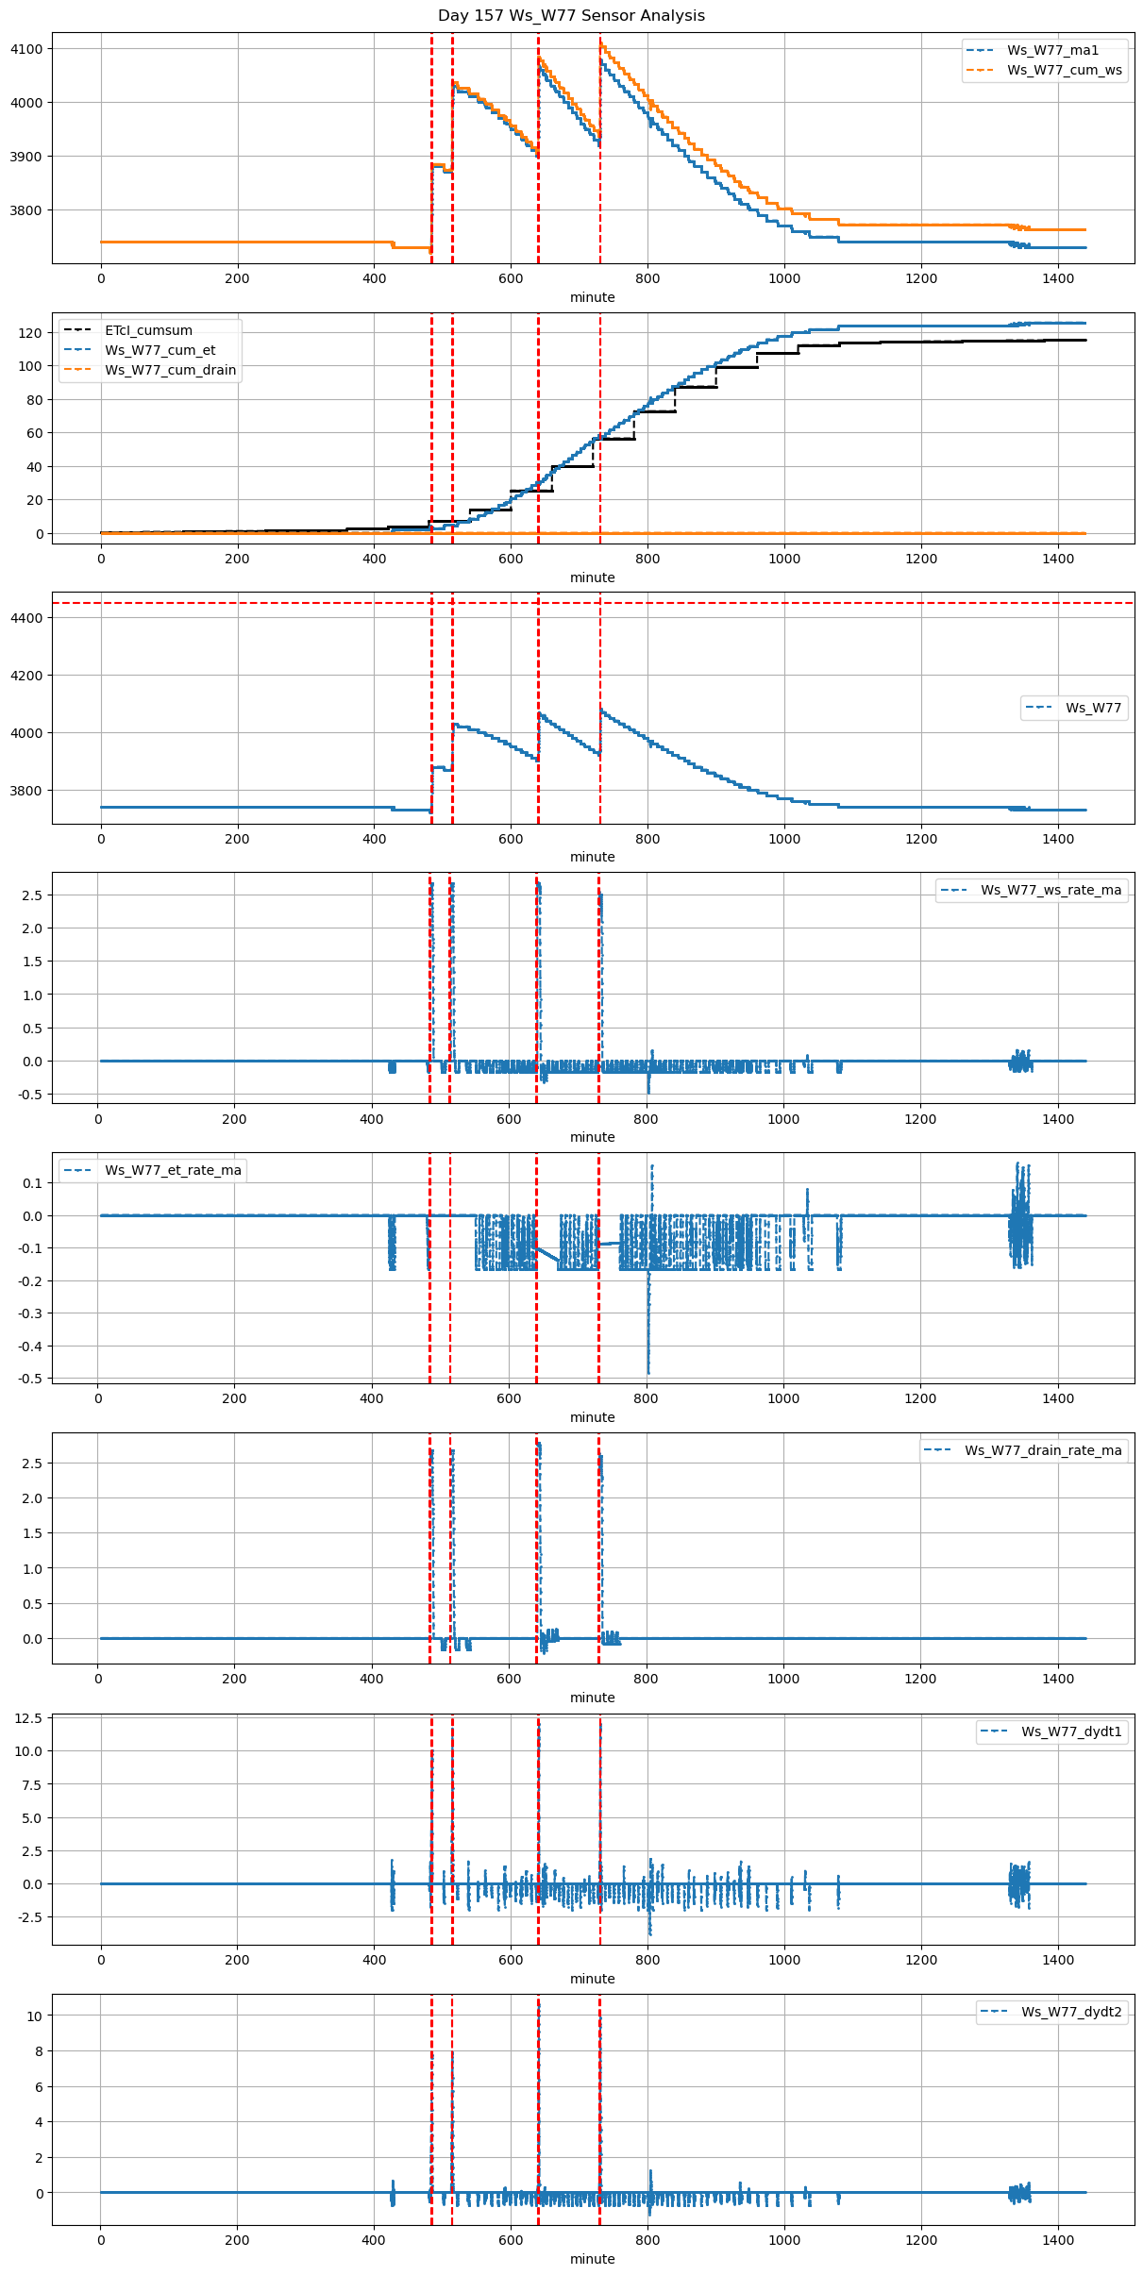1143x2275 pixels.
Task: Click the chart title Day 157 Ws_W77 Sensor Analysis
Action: click(x=571, y=16)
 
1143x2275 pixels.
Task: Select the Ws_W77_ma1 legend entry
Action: click(x=1052, y=50)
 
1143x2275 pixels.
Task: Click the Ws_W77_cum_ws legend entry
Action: click(x=1064, y=70)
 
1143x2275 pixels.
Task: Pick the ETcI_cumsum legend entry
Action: click(x=148, y=330)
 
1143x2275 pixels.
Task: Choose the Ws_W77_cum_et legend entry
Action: click(x=160, y=350)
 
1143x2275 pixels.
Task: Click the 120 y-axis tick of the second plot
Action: click(x=30, y=333)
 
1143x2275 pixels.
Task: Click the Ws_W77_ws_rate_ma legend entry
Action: click(x=1051, y=890)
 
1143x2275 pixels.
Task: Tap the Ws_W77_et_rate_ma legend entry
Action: click(x=173, y=1170)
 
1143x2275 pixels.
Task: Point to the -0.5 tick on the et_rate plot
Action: click(x=31, y=1379)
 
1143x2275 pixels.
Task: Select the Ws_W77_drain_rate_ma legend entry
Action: click(x=1043, y=1450)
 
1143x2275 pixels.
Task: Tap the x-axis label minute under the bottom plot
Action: click(x=592, y=2259)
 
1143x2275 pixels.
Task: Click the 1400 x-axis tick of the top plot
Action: click(x=1058, y=278)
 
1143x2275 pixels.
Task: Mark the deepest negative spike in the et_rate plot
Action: click(x=648, y=1373)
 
